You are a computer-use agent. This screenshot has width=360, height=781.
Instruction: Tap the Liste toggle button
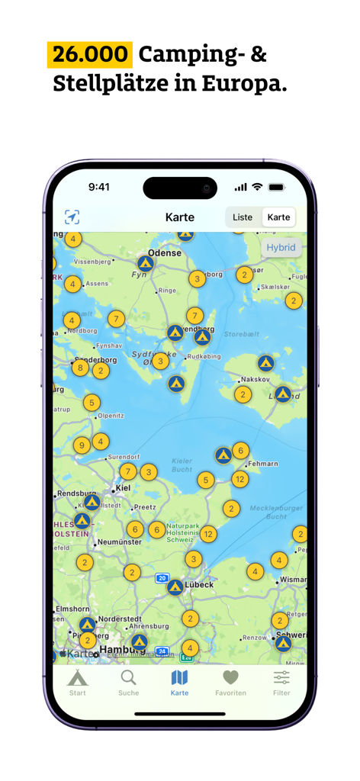click(243, 217)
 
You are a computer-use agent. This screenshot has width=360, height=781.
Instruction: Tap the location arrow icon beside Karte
click(72, 217)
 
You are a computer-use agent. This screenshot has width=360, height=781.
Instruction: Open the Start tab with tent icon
click(78, 682)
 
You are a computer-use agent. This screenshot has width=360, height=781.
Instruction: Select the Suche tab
click(129, 682)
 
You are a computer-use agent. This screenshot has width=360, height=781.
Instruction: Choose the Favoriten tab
click(230, 682)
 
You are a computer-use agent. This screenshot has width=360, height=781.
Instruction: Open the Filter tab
click(281, 682)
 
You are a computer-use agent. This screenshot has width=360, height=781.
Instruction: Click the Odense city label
click(166, 253)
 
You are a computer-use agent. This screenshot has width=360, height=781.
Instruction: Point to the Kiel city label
click(123, 488)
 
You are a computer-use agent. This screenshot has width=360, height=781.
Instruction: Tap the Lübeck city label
click(199, 585)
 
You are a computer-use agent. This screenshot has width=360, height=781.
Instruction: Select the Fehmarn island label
click(263, 464)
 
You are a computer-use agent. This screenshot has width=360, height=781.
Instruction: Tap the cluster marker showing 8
click(80, 368)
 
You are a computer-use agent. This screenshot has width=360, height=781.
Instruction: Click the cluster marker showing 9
click(82, 445)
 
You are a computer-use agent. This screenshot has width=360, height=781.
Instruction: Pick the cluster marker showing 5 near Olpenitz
click(92, 403)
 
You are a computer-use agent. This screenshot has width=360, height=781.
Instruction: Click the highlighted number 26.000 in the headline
click(90, 55)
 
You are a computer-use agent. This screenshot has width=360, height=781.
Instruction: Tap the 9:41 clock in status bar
click(99, 187)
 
